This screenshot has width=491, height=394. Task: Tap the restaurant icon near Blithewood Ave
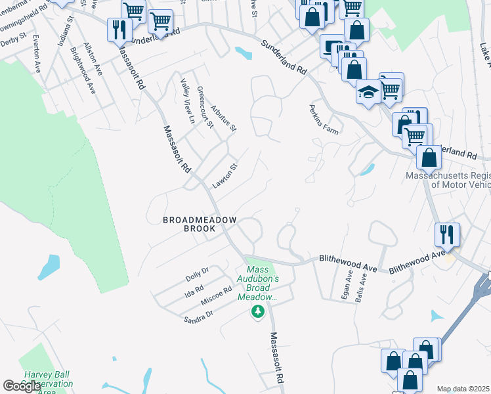(446, 234)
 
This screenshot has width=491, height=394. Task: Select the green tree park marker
(259, 311)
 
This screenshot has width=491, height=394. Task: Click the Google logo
(22, 386)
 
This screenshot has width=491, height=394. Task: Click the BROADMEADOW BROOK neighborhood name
(199, 225)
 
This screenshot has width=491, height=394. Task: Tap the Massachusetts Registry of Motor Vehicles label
(448, 180)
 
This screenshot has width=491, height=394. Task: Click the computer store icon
(332, 47)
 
